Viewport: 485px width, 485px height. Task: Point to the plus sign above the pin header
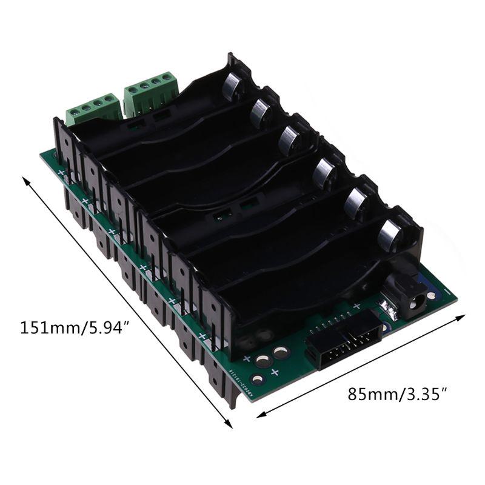pyautogui.click(x=356, y=305)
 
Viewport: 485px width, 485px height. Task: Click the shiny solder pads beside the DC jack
pyautogui.click(x=390, y=310)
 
